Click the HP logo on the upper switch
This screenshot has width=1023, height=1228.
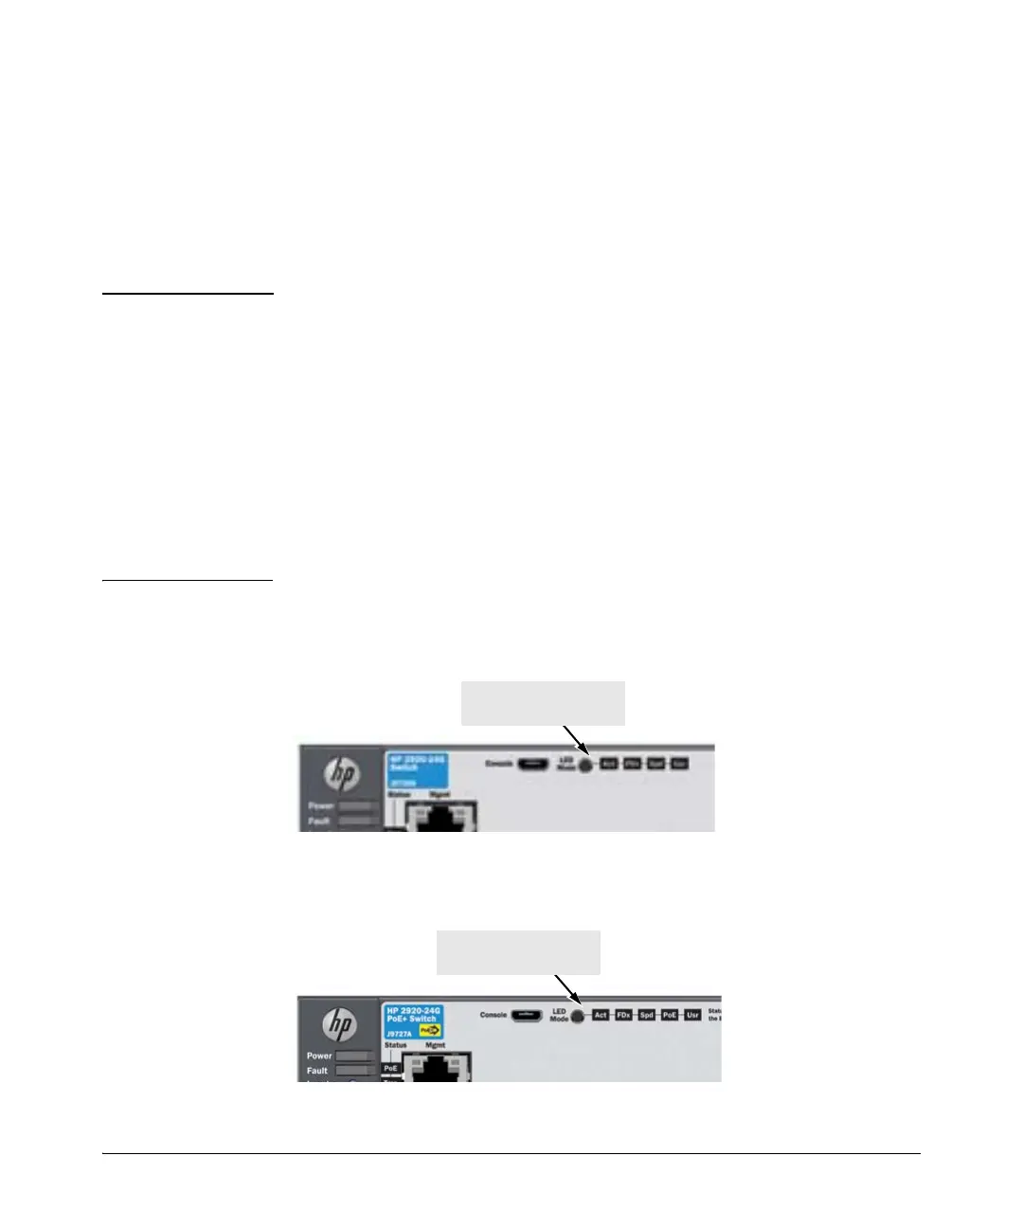pos(342,775)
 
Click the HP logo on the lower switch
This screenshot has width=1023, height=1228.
pos(340,1025)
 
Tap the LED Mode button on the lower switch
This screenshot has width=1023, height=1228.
pos(577,1016)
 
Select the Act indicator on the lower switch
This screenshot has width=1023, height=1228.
pos(601,1016)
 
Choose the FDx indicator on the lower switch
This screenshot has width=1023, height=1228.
pos(623,1016)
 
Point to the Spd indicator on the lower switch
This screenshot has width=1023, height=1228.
pos(647,1016)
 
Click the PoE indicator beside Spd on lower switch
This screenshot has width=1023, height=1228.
pos(670,1016)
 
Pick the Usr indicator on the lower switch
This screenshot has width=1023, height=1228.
pos(692,1016)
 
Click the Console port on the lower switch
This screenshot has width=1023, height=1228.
pos(527,1016)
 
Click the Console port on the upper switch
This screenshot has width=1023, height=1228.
pos(532,764)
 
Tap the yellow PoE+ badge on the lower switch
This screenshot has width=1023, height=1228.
pos(431,1031)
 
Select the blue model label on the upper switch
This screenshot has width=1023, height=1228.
pos(417,769)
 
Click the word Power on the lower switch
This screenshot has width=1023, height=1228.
pos(319,1056)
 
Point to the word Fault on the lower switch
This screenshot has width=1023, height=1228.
pos(317,1071)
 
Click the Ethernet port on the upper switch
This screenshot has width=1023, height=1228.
pos(440,817)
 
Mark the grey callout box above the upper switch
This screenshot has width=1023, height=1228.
pos(543,703)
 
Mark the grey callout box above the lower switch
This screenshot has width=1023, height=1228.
pos(518,952)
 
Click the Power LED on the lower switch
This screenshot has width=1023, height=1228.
pos(354,1056)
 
